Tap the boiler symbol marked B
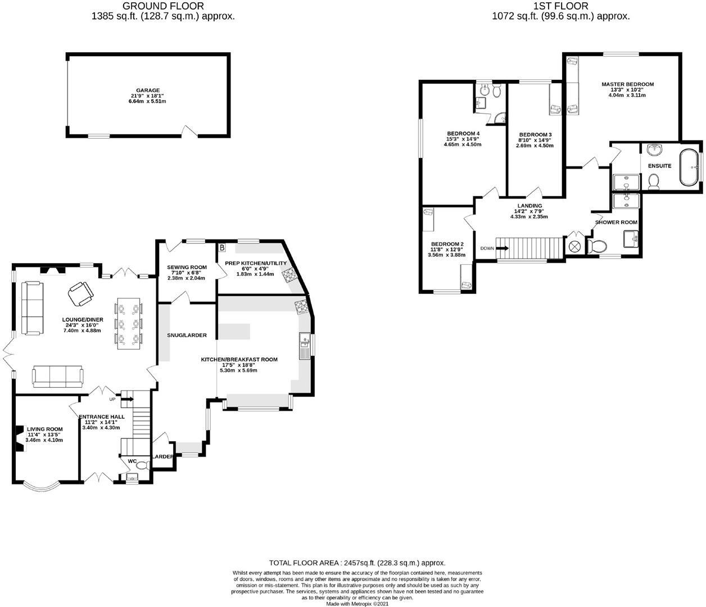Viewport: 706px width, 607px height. [x=222, y=248]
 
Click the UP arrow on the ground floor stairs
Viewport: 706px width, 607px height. [x=128, y=399]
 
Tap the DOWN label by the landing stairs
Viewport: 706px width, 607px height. [x=487, y=248]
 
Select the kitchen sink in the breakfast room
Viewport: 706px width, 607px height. [x=305, y=346]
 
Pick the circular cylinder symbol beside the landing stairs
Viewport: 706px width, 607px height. [x=574, y=246]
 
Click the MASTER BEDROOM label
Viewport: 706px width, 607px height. [x=627, y=84]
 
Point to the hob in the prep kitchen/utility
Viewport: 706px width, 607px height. [x=289, y=274]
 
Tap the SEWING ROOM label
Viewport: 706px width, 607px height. [x=187, y=267]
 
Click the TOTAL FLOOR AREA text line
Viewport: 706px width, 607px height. [x=357, y=563]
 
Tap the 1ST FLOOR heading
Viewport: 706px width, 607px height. [x=561, y=6]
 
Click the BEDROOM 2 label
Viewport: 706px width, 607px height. [x=447, y=244]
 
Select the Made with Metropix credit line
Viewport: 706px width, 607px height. [x=357, y=604]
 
